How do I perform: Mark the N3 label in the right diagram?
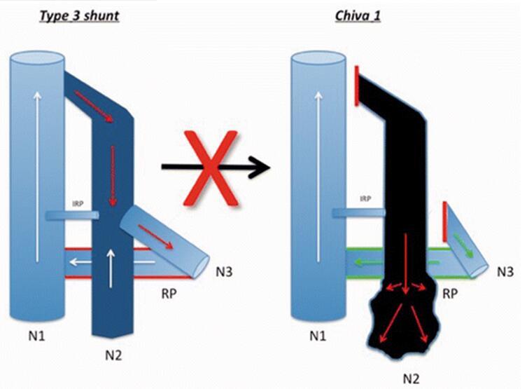point(506,269)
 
